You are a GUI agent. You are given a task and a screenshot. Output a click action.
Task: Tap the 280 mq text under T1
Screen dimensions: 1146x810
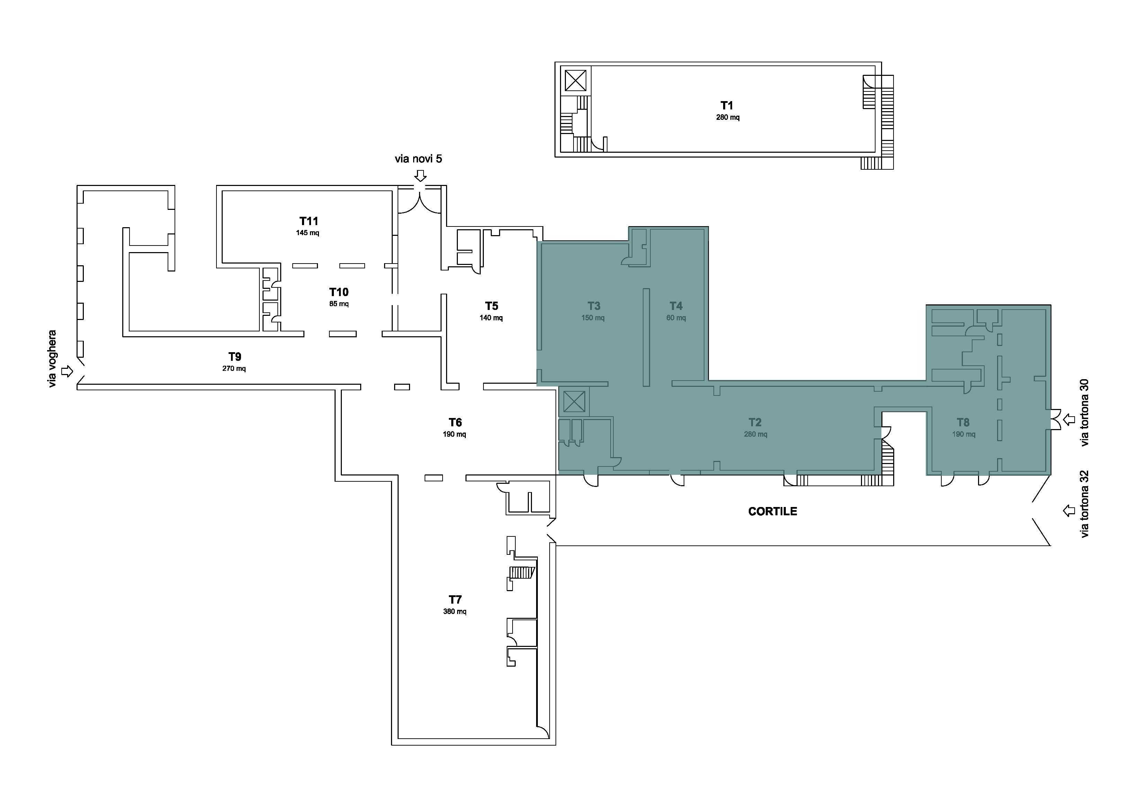[728, 118]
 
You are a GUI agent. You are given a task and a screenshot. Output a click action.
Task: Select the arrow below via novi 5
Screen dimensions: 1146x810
[421, 176]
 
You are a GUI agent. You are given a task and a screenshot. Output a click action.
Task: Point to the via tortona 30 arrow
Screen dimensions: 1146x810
[1069, 420]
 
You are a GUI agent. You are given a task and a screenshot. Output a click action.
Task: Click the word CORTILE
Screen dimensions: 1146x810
[773, 511]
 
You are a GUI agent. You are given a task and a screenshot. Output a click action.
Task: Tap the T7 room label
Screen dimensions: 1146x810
[455, 599]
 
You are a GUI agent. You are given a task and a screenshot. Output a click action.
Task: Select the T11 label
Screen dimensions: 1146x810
[309, 221]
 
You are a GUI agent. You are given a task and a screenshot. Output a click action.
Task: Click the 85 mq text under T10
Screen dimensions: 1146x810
[339, 304]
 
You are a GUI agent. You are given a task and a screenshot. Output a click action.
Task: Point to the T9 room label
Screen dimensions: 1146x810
[234, 357]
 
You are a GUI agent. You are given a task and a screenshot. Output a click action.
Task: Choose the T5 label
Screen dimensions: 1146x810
[492, 306]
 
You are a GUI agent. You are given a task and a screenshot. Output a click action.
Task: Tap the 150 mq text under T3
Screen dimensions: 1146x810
[593, 318]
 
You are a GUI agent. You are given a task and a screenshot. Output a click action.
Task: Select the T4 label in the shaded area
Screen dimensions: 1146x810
[676, 306]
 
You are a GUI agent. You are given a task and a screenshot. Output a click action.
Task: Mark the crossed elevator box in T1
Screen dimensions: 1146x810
[576, 80]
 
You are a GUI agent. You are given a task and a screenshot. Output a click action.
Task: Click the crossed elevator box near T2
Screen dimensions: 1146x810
[574, 402]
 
